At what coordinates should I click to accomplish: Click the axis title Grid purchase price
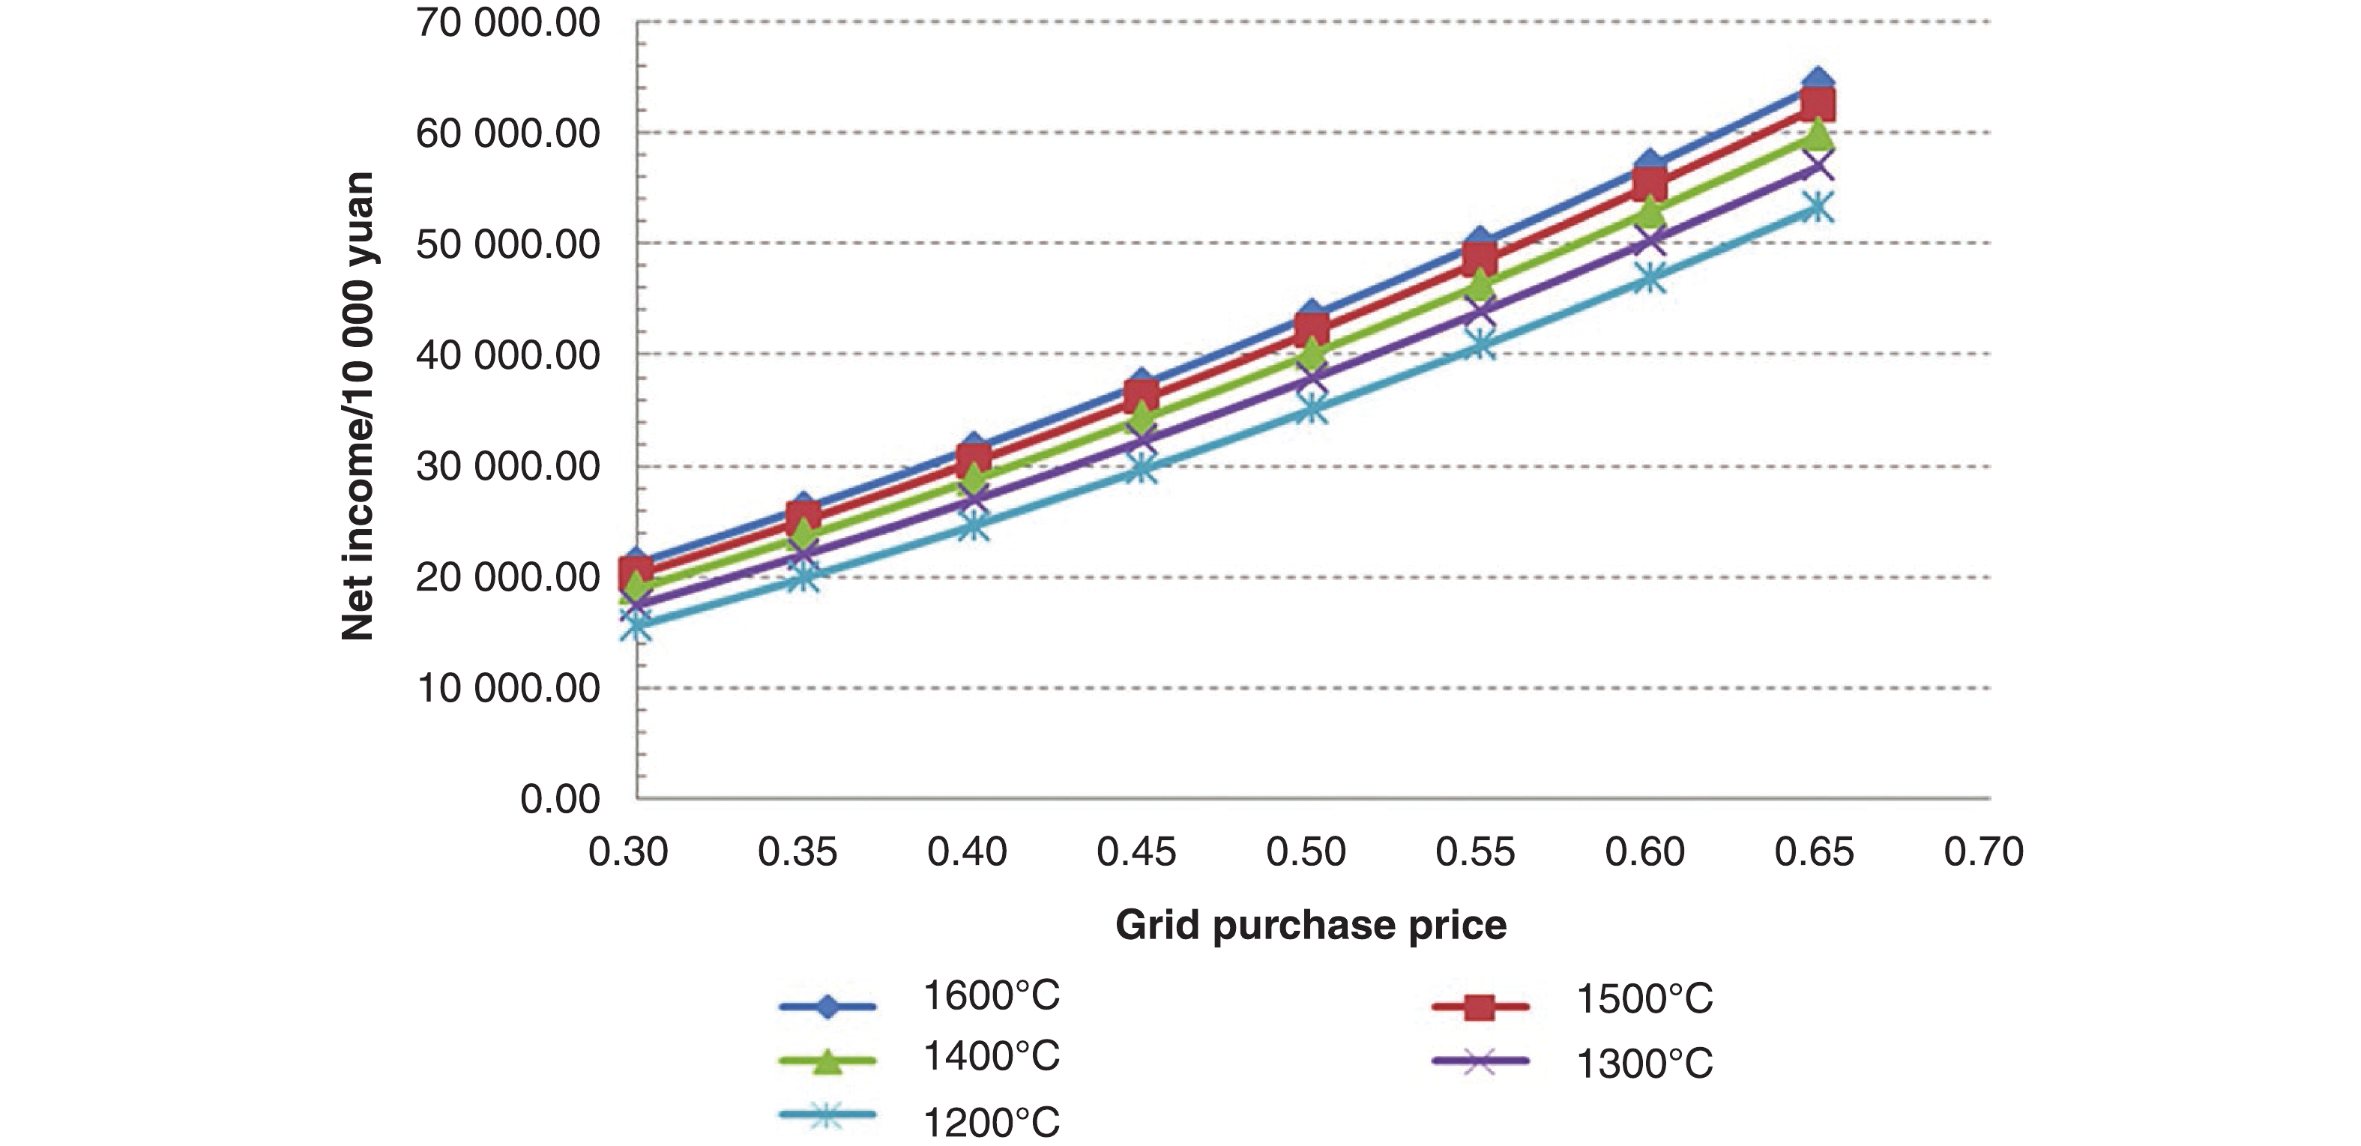click(x=1311, y=925)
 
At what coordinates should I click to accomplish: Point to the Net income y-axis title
click(x=358, y=406)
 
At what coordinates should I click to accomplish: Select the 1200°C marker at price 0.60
click(x=1649, y=278)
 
